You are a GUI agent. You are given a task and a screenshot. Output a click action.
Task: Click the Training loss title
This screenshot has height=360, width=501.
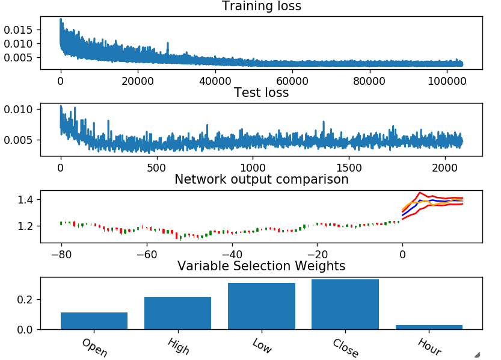[x=262, y=7]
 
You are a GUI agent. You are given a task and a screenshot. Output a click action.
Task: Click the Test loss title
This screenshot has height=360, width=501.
[x=262, y=93]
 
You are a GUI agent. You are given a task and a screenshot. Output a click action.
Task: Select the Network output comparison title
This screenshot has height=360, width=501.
[x=262, y=179]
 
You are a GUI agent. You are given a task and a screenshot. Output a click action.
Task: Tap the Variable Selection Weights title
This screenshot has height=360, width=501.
[x=262, y=266]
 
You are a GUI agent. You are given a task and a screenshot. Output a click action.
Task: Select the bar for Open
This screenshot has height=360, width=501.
[x=94, y=321]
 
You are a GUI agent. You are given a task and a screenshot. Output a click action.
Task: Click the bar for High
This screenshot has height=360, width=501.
[x=178, y=313]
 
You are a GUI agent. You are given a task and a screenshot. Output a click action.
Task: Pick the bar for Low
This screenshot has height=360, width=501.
[x=262, y=306]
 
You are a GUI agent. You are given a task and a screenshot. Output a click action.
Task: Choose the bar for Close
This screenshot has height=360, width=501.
[x=345, y=305]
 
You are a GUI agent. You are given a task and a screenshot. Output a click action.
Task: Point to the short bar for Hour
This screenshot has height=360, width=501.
[x=429, y=327]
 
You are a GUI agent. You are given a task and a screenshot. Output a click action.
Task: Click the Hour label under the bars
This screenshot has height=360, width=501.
[x=429, y=347]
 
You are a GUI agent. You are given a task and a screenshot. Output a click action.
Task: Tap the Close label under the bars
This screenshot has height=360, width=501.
[x=346, y=348]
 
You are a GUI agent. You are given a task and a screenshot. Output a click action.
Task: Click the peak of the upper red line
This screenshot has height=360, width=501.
[x=420, y=193]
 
